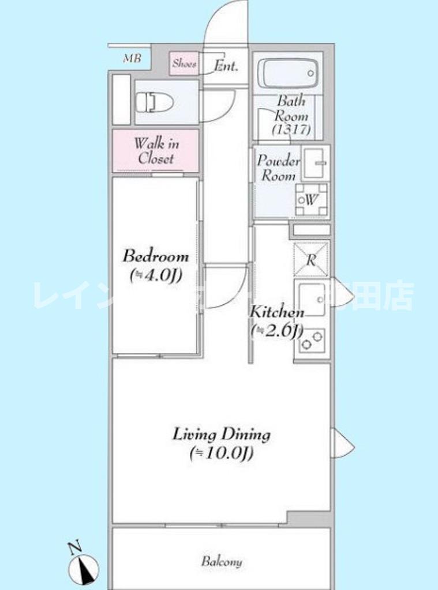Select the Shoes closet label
[184, 64]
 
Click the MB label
[132, 59]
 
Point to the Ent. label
[226, 66]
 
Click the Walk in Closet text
[156, 151]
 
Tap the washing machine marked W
[312, 199]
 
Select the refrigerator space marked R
[311, 259]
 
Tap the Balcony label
[222, 561]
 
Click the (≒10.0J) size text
[222, 454]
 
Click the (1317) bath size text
[292, 129]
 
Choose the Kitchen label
[276, 312]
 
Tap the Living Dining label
[222, 434]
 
